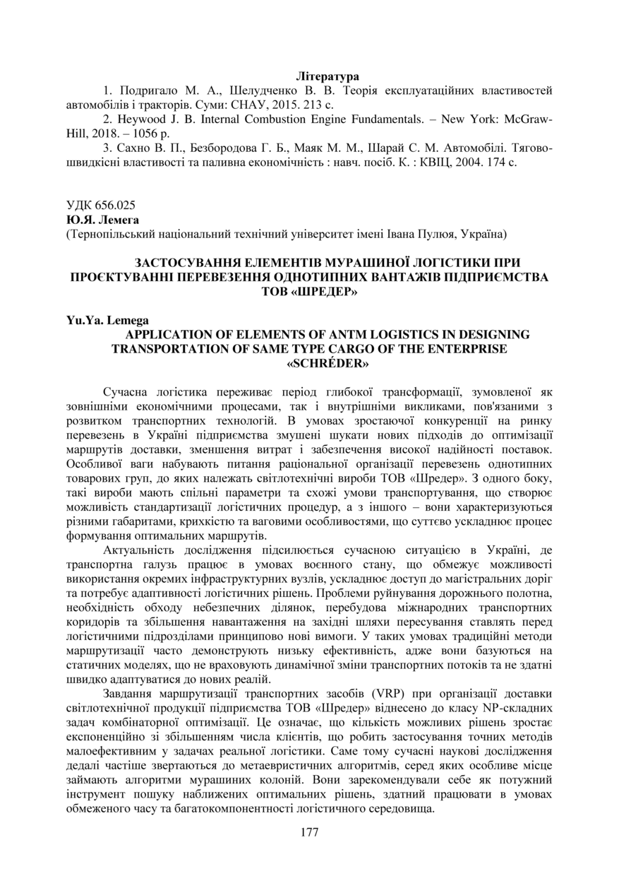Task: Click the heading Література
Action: pos(327,76)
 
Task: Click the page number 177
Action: pos(309,832)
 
